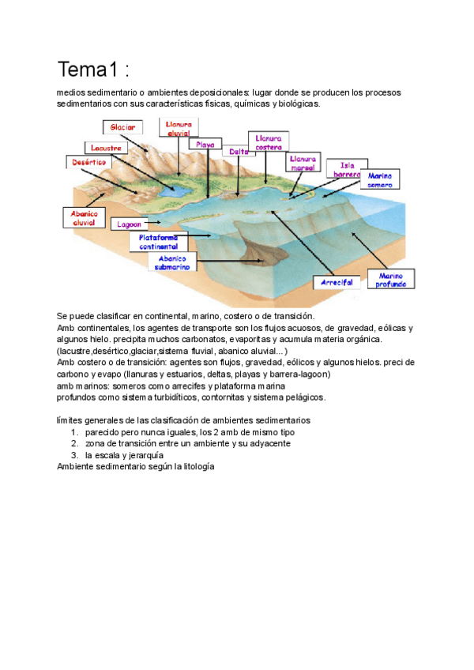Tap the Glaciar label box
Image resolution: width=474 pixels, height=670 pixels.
[x=122, y=127]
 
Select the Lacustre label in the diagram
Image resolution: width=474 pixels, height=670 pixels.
[x=105, y=148]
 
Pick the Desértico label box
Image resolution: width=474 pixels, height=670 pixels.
[x=89, y=162]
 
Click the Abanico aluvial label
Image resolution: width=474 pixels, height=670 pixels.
[x=83, y=217]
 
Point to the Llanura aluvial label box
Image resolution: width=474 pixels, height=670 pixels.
[x=179, y=129]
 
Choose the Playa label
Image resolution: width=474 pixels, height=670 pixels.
[x=206, y=145]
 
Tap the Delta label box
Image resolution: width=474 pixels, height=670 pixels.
[x=238, y=151]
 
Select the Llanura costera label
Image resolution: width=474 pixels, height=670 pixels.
[x=269, y=141]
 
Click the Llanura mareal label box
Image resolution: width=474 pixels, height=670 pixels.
[x=303, y=163]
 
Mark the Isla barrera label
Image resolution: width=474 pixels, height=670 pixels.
[x=347, y=170]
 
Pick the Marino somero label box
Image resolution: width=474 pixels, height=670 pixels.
[x=380, y=179]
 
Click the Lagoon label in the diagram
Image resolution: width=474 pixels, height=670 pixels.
[x=130, y=224]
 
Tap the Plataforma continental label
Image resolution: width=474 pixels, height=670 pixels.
[x=159, y=242]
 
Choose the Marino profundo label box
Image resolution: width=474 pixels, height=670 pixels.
[x=392, y=278]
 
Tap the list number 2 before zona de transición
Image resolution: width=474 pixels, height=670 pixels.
[x=74, y=443]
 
